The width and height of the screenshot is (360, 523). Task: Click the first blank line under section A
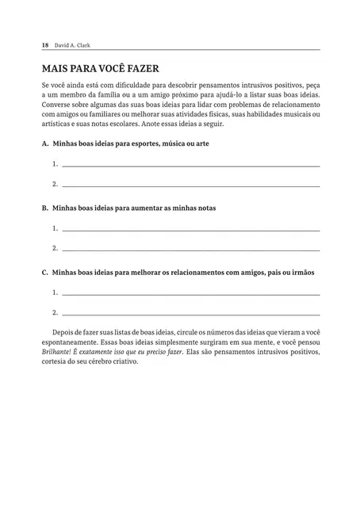tap(190, 166)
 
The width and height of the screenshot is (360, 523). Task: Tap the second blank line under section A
tap(190, 186)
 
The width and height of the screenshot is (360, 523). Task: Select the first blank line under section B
tap(190, 229)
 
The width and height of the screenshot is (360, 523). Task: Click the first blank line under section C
tap(190, 292)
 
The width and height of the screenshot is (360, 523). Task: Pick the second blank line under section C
tap(190, 313)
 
